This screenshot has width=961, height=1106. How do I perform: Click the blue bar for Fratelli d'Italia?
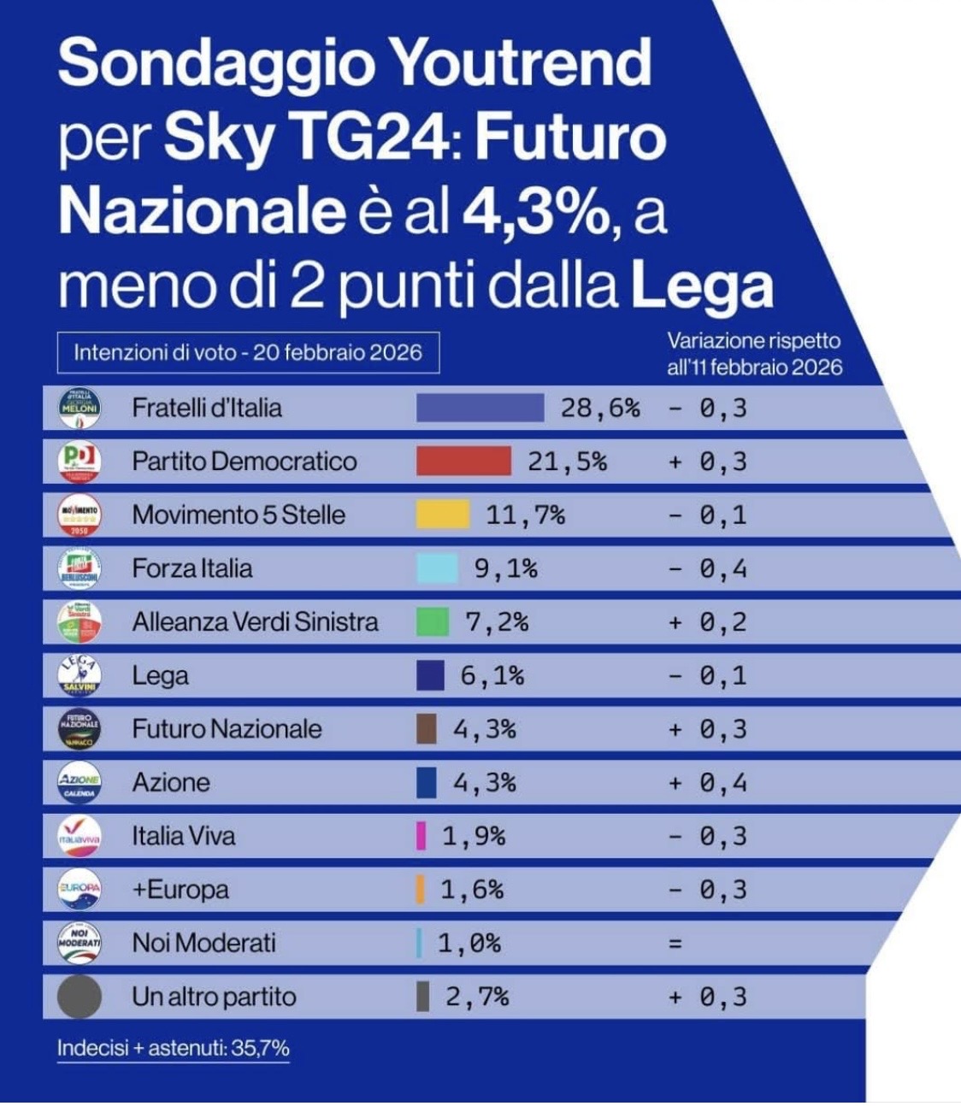(x=480, y=408)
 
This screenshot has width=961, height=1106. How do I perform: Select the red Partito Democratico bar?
(x=463, y=462)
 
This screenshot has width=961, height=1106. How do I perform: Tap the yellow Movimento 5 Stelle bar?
(x=443, y=515)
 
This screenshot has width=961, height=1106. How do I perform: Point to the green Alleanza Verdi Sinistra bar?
(x=433, y=621)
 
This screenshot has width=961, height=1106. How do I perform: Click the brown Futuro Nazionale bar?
(x=426, y=729)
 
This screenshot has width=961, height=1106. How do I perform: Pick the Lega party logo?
(x=80, y=675)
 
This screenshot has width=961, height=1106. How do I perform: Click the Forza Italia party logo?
(x=80, y=568)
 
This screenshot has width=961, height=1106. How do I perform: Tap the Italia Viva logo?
(x=80, y=836)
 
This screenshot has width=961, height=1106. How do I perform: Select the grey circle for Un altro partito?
(x=80, y=997)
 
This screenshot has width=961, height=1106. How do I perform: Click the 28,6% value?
(x=600, y=408)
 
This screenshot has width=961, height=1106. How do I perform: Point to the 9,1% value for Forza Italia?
(x=505, y=568)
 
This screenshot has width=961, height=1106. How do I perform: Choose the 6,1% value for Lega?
(x=492, y=675)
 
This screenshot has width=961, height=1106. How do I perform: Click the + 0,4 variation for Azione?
(x=708, y=782)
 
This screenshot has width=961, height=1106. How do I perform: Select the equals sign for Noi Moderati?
(x=675, y=944)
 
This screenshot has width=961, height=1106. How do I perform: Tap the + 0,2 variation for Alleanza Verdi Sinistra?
(x=708, y=621)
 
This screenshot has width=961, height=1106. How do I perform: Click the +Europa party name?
(x=180, y=890)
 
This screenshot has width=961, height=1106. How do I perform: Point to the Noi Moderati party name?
(x=203, y=944)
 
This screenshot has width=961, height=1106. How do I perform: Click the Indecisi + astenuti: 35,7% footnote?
(x=174, y=1048)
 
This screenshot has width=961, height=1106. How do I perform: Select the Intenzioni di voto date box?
(x=248, y=352)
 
